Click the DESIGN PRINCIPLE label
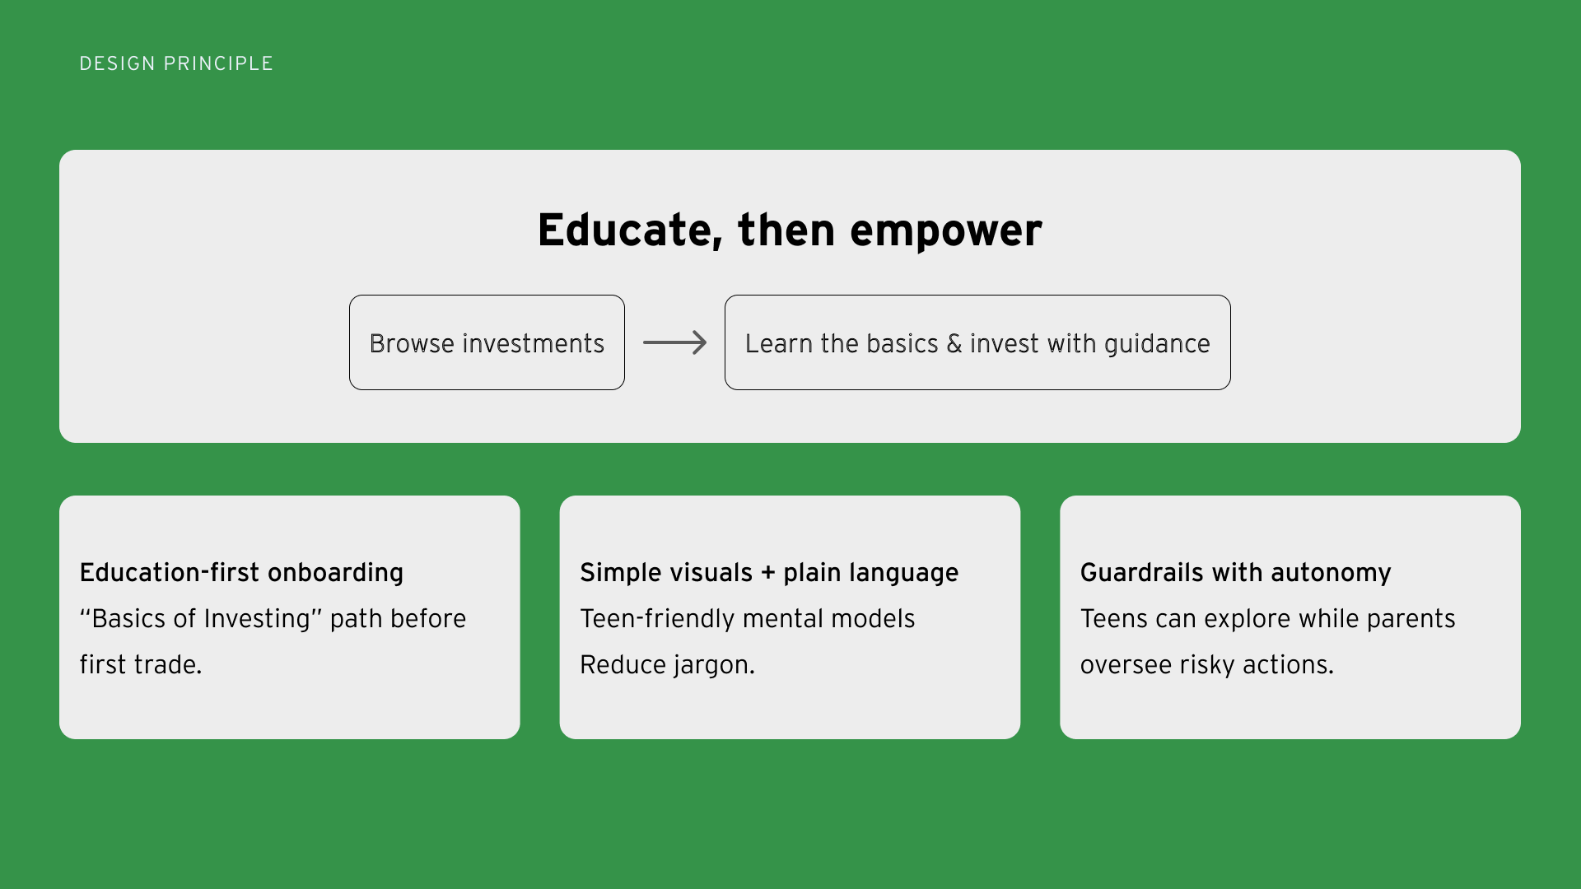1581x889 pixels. point(176,63)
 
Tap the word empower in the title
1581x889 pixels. point(946,231)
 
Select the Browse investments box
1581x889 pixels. point(487,342)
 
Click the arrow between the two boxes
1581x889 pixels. point(674,342)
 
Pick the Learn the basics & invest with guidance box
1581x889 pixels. point(977,342)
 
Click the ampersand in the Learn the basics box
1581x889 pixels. point(954,343)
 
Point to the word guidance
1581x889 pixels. point(1157,344)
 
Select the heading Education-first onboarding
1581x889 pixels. point(241,572)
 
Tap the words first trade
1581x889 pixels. point(141,664)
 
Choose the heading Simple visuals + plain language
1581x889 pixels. point(769,572)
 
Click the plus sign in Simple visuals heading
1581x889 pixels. point(768,573)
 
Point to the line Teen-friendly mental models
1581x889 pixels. point(748,618)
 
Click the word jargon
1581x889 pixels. point(714,665)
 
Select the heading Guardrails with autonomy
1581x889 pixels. point(1236,572)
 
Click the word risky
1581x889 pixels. point(1207,665)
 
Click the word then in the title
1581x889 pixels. point(786,230)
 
